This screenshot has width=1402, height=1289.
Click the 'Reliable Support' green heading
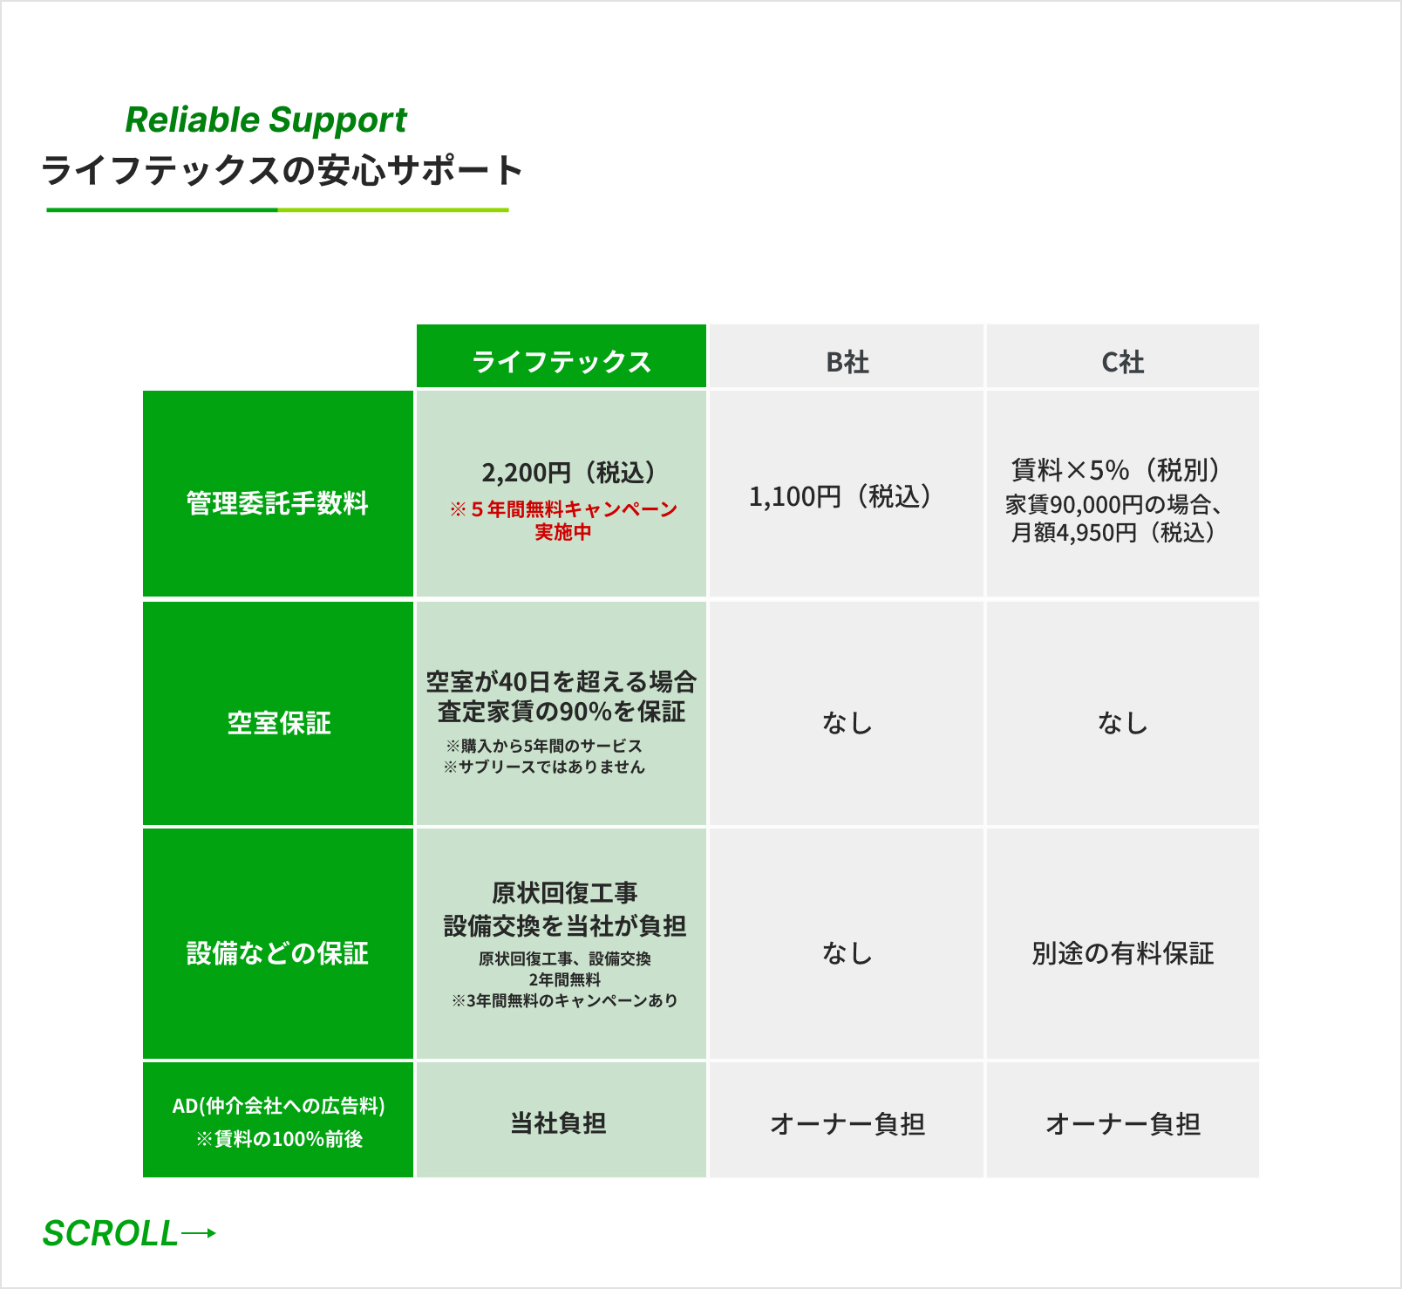tap(266, 120)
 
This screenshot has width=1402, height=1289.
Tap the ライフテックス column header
tap(561, 361)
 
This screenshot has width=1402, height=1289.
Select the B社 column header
tap(847, 362)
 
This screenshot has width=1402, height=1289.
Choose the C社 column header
tap(1122, 362)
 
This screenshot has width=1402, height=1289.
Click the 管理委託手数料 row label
tap(277, 503)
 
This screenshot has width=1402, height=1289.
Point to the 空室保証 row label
tap(279, 723)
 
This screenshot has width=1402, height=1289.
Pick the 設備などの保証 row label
tap(277, 953)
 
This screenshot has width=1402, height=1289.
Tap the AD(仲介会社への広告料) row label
tap(278, 1106)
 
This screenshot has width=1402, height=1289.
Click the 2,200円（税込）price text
tap(568, 473)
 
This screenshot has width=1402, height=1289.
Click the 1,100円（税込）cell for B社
tap(841, 497)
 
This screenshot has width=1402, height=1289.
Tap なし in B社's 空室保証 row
tap(847, 723)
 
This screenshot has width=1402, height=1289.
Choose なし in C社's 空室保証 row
tap(1122, 723)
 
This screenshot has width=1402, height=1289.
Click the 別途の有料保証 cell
tap(1122, 953)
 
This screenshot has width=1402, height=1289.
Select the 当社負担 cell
tap(558, 1123)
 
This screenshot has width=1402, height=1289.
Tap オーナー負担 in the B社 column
tap(847, 1124)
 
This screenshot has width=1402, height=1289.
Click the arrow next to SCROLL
tap(199, 1233)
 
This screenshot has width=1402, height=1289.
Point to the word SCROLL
tap(111, 1234)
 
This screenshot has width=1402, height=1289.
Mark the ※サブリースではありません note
tap(544, 767)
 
